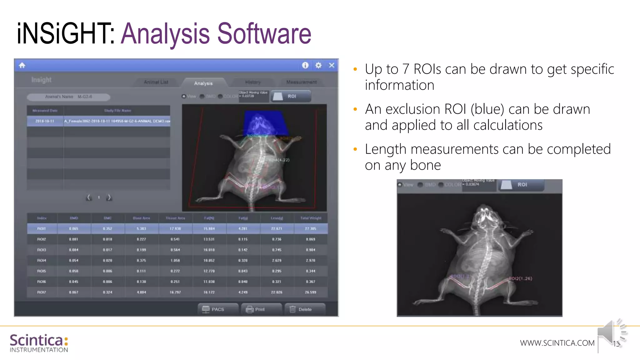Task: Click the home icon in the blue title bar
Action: point(22,65)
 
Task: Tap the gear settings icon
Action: point(318,65)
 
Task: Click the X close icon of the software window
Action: point(332,65)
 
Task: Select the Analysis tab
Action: point(203,83)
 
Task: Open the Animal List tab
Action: point(156,82)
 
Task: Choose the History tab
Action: point(253,82)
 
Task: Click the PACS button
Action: point(217,309)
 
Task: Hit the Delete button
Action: point(305,309)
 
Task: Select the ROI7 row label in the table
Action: point(42,292)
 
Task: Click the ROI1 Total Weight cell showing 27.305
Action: point(310,229)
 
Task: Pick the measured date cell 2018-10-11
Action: point(45,121)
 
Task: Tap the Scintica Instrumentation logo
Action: point(39,343)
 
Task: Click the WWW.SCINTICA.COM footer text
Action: point(557,343)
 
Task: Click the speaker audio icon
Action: point(611,333)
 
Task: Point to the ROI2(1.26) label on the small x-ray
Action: point(520,278)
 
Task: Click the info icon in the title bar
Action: point(305,65)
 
